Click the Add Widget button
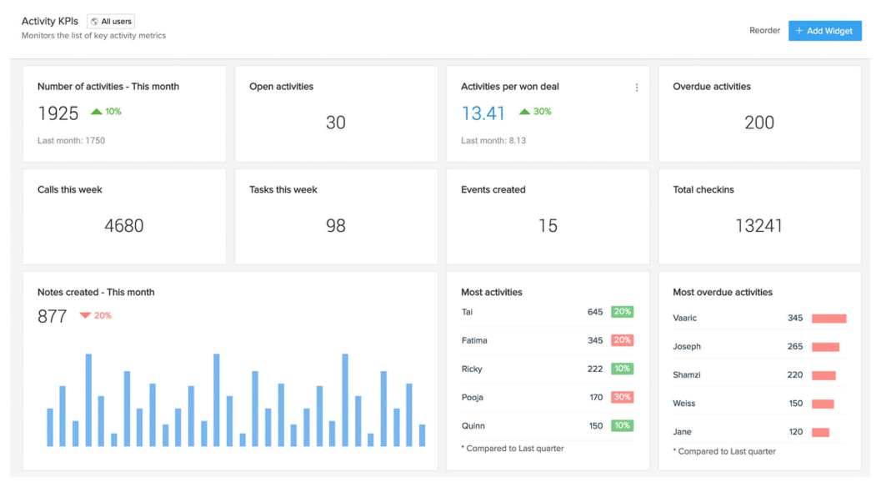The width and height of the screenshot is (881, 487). [824, 31]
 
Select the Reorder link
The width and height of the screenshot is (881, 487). [764, 31]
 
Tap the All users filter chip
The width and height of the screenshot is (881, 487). [111, 22]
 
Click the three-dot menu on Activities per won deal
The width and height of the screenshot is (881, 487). [637, 88]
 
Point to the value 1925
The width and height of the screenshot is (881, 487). [58, 113]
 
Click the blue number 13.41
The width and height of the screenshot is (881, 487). [483, 113]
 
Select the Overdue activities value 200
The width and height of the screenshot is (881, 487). [759, 123]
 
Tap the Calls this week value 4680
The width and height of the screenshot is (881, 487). [124, 226]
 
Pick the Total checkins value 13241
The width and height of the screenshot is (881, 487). [759, 226]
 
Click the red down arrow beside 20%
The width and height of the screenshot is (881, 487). [85, 315]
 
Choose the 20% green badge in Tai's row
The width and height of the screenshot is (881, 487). [622, 312]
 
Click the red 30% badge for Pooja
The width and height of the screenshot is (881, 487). [622, 397]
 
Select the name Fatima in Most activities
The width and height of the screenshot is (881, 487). [474, 340]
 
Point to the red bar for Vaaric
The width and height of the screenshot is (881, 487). [828, 319]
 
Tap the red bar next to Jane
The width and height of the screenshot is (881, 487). [820, 432]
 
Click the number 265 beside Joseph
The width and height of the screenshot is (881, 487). [795, 347]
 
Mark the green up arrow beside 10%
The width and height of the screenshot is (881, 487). [97, 111]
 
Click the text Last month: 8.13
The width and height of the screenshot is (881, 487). [493, 141]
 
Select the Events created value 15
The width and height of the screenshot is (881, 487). [548, 226]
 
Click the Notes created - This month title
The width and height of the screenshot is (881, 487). [96, 293]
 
